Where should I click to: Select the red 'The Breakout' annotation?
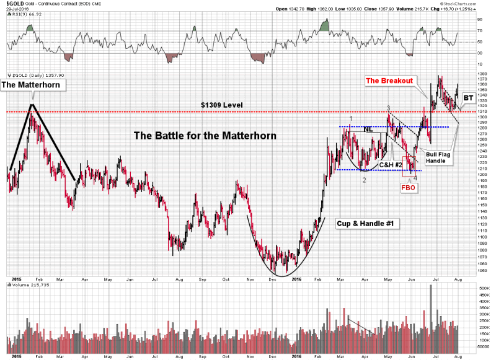389,81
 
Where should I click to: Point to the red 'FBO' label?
409,187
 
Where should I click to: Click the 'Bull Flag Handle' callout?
438,157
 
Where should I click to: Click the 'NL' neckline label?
368,130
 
